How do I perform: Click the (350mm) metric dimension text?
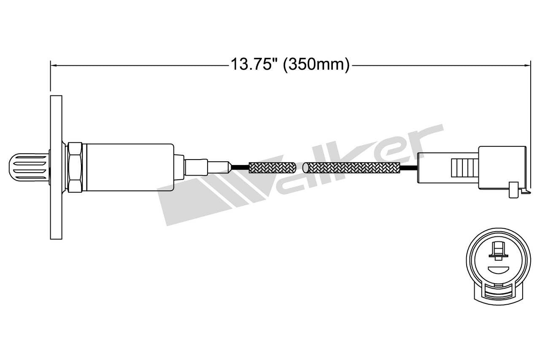tap(316, 65)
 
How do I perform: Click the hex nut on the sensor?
tap(74, 167)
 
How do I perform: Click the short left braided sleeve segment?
tap(272, 168)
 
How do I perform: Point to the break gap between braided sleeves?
tap(300, 168)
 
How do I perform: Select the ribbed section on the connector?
tap(464, 168)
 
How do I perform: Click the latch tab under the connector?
tap(514, 190)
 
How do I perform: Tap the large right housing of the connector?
tap(502, 167)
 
